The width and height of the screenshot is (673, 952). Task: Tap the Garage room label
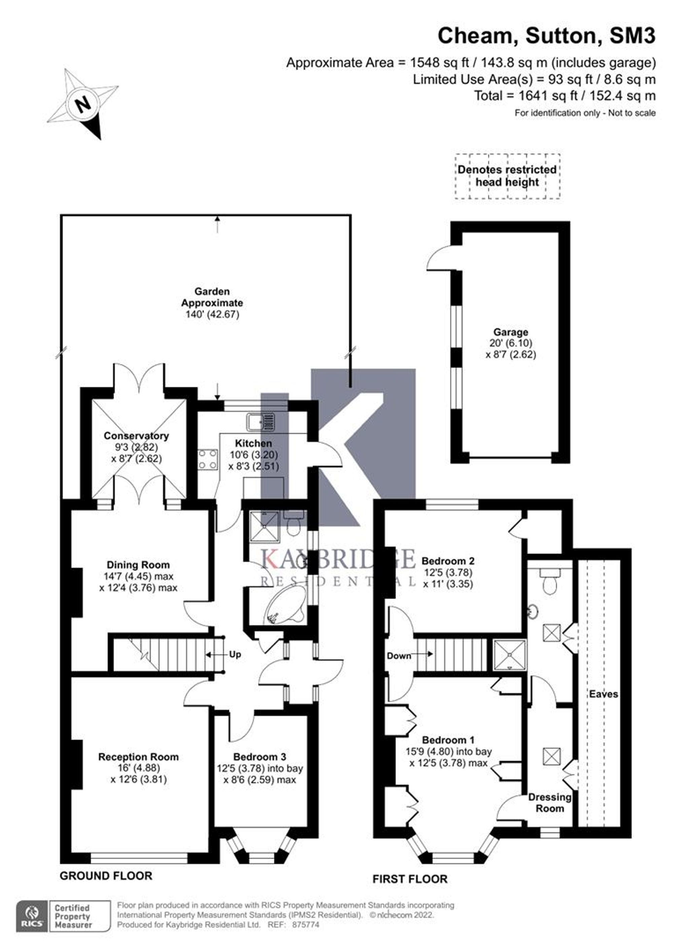(510, 332)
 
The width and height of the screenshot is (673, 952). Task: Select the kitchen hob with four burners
(208, 460)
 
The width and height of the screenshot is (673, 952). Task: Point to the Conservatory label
(136, 436)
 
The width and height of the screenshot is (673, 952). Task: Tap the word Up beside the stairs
(235, 654)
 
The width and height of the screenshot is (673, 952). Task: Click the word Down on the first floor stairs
(399, 656)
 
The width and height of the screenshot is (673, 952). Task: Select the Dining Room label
(138, 565)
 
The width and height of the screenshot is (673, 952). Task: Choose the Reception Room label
(138, 757)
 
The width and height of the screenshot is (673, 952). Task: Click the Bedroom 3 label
(260, 757)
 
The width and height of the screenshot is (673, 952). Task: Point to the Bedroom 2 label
(448, 561)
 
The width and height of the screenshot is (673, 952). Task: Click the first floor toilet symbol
(550, 581)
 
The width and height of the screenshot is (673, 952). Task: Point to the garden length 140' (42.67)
(213, 314)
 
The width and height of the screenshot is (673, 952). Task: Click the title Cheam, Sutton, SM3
(546, 36)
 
